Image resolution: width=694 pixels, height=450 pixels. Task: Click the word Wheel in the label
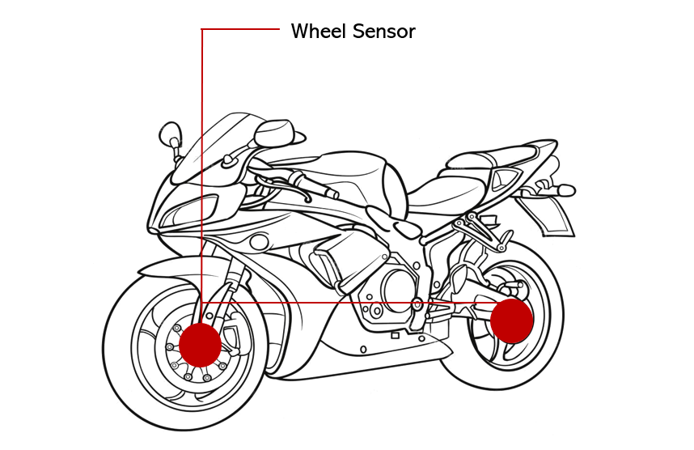[317, 32]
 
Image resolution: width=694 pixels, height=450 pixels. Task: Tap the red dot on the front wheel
[200, 345]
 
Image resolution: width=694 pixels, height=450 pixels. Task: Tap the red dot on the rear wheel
[511, 320]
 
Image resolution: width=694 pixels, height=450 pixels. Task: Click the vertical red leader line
[201, 162]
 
